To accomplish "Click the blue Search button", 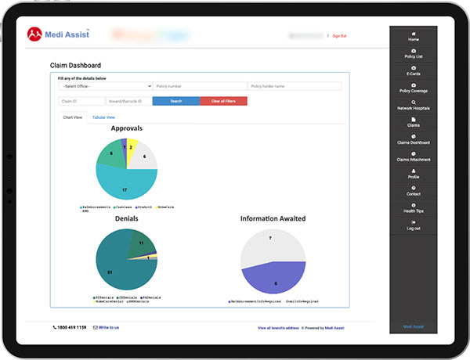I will click(175, 101).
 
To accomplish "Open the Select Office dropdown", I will click(104, 86).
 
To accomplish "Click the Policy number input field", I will click(200, 86).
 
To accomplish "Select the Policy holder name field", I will click(295, 86).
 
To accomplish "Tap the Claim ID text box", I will click(81, 101).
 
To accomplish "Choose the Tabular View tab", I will click(103, 117).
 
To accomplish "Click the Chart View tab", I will click(72, 117).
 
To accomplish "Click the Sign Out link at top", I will click(339, 36).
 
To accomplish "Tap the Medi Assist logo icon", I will click(34, 34).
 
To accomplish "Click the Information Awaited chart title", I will click(273, 219).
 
